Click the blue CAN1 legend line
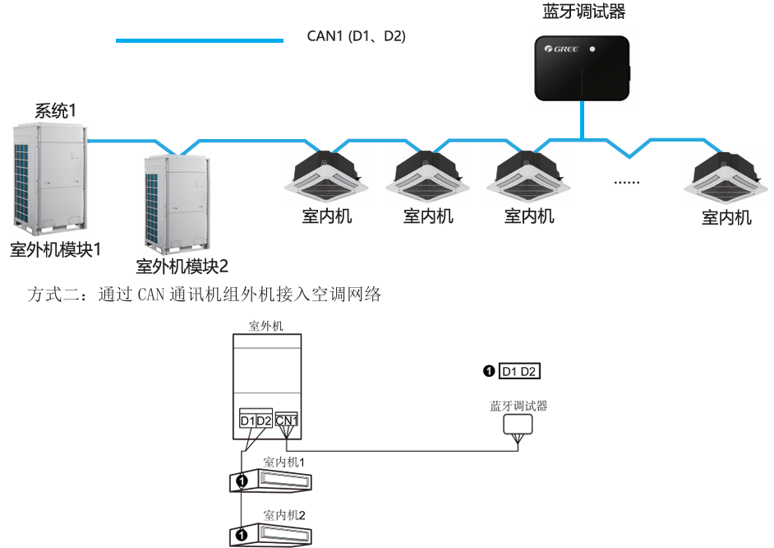click(x=200, y=39)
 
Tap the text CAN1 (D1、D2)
click(x=356, y=36)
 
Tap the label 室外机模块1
click(x=55, y=248)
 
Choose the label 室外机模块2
click(x=182, y=266)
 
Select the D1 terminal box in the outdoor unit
click(x=247, y=421)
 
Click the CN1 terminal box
click(x=287, y=421)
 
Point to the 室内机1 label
click(x=284, y=462)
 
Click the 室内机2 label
click(x=284, y=515)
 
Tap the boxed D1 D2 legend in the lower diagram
click(x=519, y=372)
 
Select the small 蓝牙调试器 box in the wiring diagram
click(x=518, y=423)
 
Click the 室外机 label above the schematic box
click(x=266, y=326)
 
